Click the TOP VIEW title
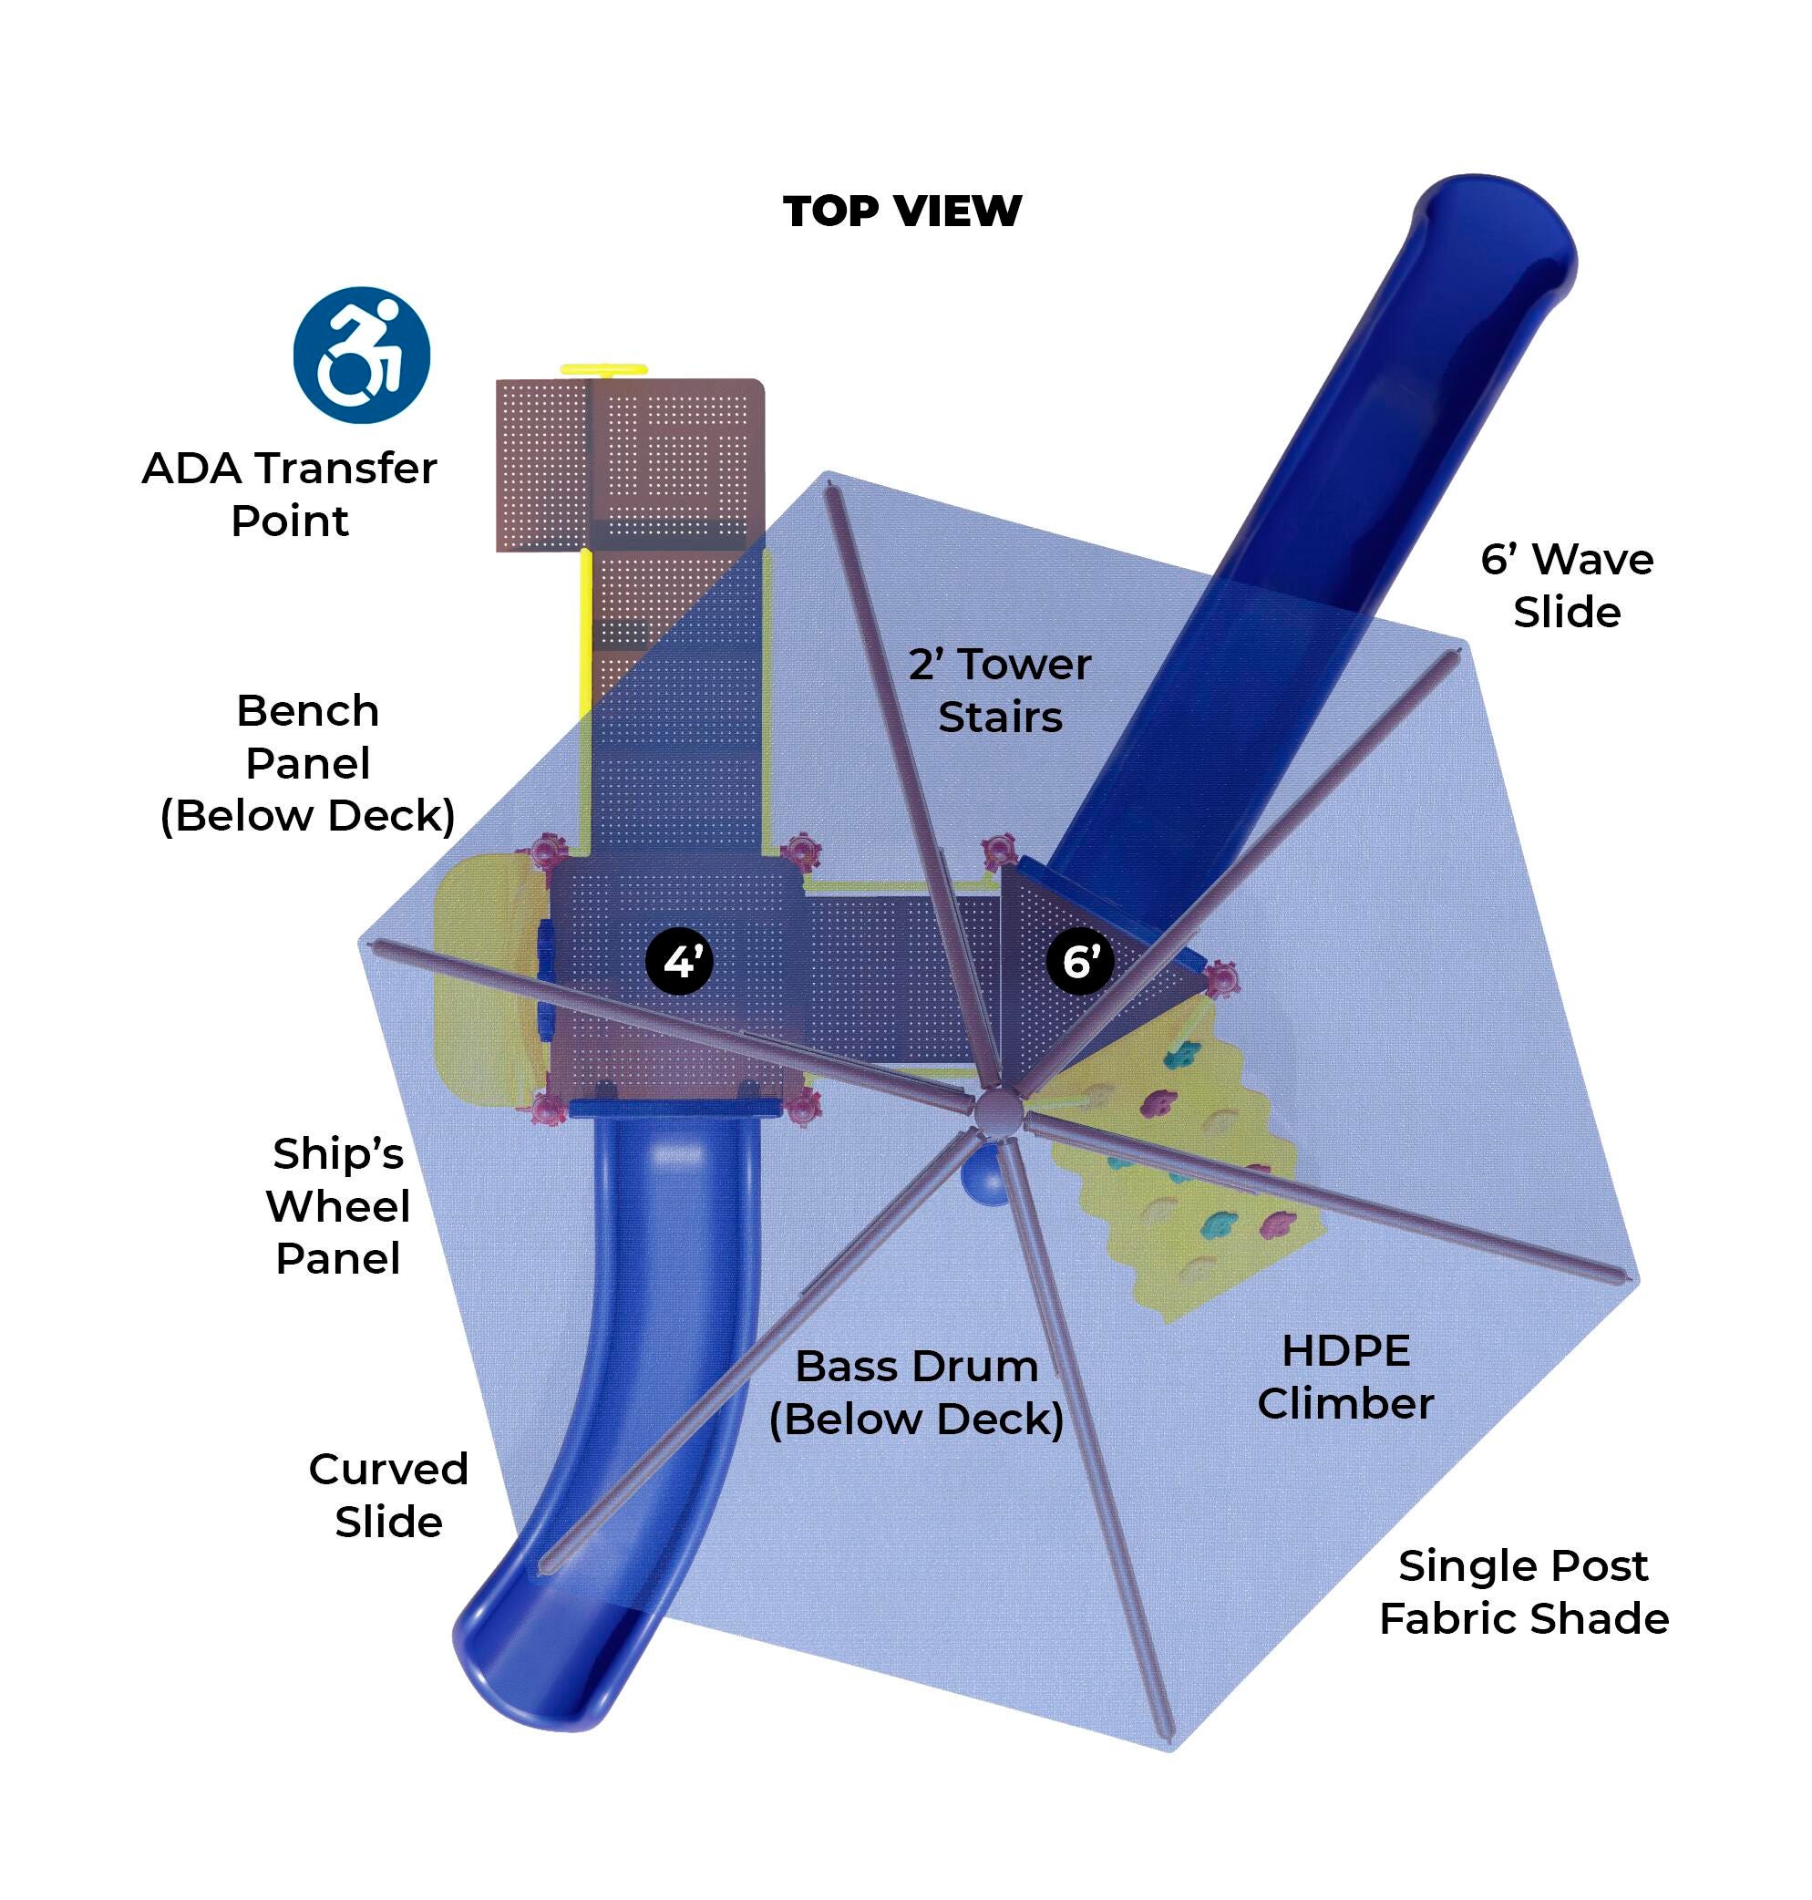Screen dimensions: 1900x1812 pyautogui.click(x=901, y=212)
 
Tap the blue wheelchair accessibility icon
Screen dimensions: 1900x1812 pyautogui.click(x=361, y=355)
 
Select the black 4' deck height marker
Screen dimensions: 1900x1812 pyautogui.click(x=679, y=961)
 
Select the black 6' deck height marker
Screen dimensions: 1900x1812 pyautogui.click(x=1080, y=961)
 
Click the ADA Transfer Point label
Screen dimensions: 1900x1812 pyautogui.click(x=289, y=494)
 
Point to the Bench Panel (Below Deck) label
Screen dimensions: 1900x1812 pyautogui.click(x=307, y=763)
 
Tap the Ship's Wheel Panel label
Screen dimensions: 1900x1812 pyautogui.click(x=337, y=1205)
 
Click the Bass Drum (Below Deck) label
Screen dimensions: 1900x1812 pyautogui.click(x=916, y=1392)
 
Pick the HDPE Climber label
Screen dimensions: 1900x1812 pyautogui.click(x=1344, y=1377)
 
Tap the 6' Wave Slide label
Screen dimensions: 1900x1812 pyautogui.click(x=1566, y=585)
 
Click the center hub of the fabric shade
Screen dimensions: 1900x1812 pyautogui.click(x=996, y=1111)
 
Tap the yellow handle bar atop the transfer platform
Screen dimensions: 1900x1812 pyautogui.click(x=602, y=369)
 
